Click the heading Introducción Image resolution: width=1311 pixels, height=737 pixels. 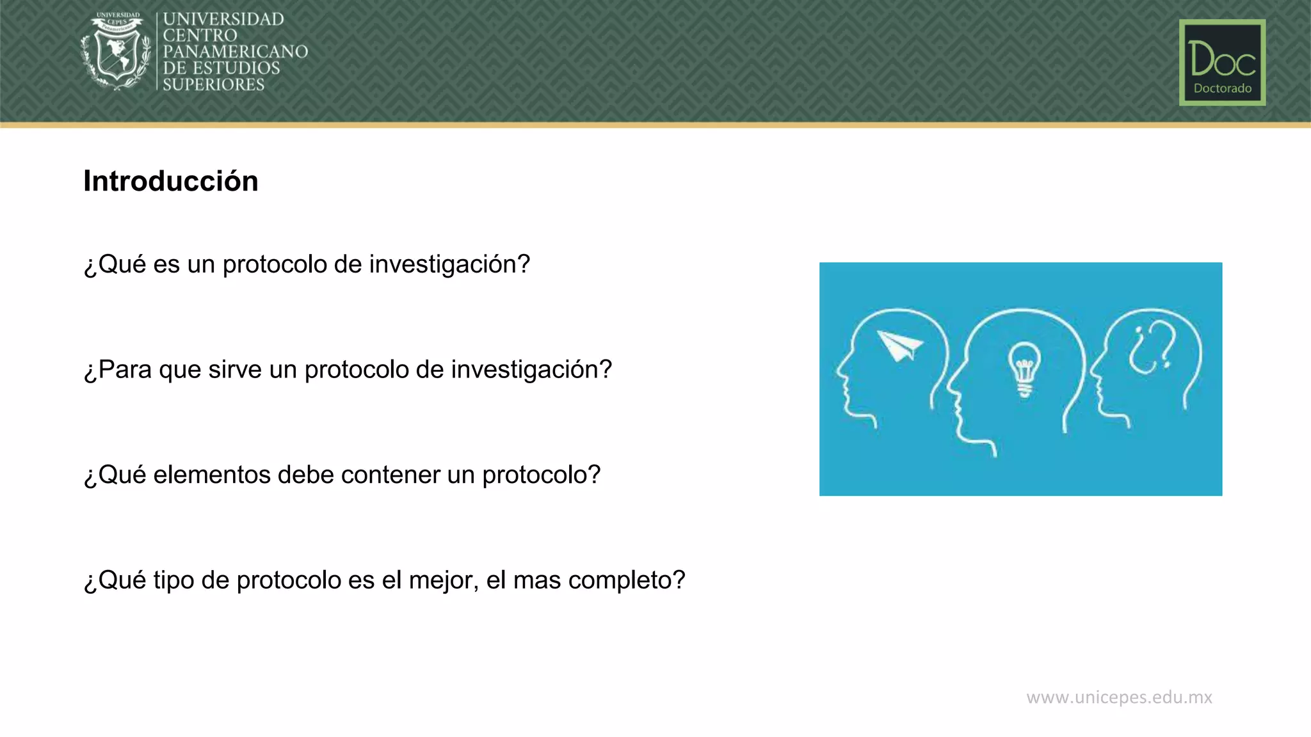(x=171, y=181)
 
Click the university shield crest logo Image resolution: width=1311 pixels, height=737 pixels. (x=116, y=51)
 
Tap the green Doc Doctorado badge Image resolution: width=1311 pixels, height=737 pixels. (x=1222, y=62)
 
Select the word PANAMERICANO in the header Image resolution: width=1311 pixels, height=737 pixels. (x=236, y=52)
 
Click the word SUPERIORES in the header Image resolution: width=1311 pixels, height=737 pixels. (x=214, y=84)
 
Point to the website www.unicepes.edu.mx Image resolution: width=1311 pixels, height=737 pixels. (x=1119, y=697)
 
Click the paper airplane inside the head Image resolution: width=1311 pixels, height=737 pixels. (x=899, y=345)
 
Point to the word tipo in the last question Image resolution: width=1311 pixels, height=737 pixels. (x=173, y=580)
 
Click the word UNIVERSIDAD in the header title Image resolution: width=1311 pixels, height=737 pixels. (x=223, y=19)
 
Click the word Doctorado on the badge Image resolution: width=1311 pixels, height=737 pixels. (x=1222, y=88)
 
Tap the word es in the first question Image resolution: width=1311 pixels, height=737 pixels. (x=166, y=264)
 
